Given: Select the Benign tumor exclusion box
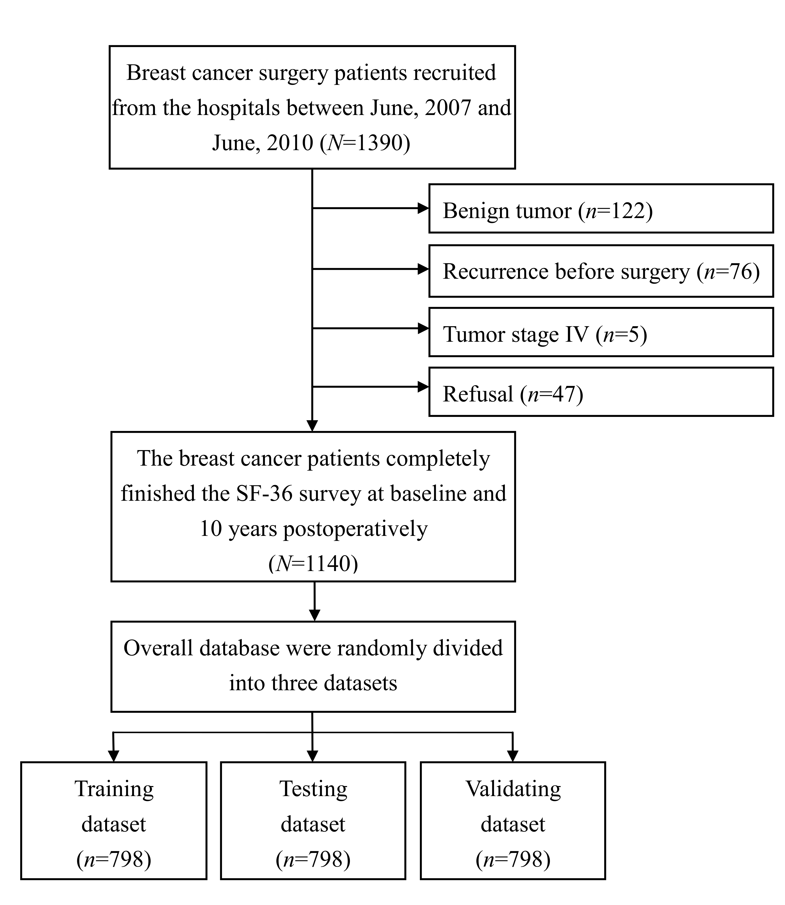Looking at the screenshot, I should coord(601,208).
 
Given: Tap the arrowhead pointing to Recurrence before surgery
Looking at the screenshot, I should coord(423,269).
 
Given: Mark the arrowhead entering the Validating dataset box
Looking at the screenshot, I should coord(513,756).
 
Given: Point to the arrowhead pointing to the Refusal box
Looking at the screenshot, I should coord(423,387).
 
